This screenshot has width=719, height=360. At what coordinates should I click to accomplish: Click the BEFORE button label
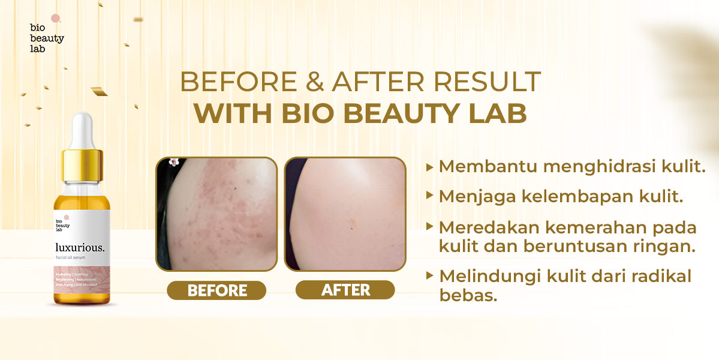click(216, 290)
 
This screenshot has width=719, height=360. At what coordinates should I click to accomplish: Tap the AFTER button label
click(345, 290)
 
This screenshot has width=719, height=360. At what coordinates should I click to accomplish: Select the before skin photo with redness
click(216, 214)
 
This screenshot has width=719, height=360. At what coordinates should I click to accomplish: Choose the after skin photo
click(345, 214)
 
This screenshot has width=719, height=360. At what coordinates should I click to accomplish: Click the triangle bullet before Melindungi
click(429, 276)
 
